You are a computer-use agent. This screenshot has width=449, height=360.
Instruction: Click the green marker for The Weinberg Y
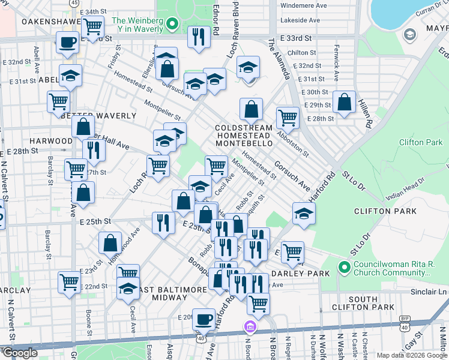click(x=172, y=25)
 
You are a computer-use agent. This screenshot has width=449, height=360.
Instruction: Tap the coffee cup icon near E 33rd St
click(x=67, y=43)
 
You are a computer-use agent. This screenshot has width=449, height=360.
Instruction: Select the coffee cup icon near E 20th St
click(x=204, y=319)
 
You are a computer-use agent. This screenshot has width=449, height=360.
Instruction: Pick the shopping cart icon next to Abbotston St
click(x=288, y=118)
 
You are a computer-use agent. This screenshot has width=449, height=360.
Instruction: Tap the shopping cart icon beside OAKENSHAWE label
click(x=92, y=27)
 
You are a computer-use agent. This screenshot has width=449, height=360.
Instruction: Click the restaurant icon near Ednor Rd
click(x=198, y=37)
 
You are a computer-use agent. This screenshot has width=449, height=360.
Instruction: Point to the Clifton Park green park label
click(x=420, y=143)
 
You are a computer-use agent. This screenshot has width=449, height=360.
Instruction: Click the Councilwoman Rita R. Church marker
click(x=344, y=266)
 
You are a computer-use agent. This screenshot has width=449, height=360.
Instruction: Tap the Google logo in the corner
click(x=19, y=353)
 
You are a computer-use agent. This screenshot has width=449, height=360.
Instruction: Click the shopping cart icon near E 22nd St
click(x=69, y=282)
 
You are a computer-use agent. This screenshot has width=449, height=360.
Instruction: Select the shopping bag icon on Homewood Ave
click(x=110, y=244)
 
